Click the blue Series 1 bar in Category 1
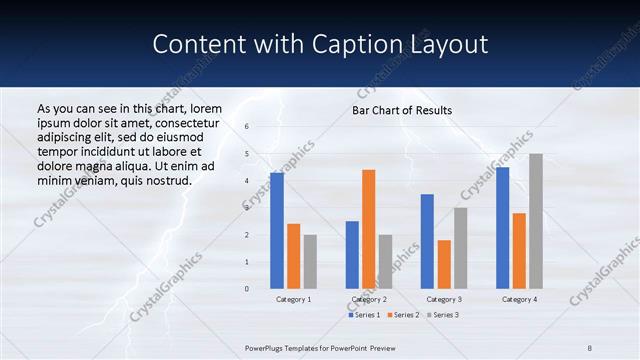coord(277,231)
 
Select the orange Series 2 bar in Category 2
coord(369,229)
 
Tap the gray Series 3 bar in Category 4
coord(536,221)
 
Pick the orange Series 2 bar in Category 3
coord(444,264)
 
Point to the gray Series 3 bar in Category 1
coord(310,262)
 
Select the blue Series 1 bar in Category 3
coord(427,241)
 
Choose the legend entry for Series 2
coord(403,315)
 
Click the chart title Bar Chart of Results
coord(402,110)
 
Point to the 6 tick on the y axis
coord(247,127)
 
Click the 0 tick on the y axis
coord(247,289)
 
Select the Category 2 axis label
coord(368,299)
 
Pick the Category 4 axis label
coord(518,299)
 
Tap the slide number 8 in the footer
coord(590,347)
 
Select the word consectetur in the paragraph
coord(186,122)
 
